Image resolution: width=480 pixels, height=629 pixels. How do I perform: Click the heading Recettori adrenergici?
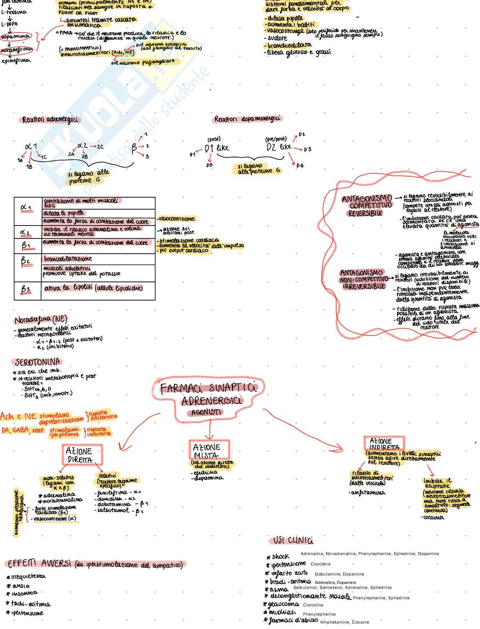click(50, 120)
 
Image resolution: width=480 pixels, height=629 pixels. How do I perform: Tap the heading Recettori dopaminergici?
click(247, 119)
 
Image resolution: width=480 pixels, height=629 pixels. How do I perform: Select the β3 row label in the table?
click(26, 289)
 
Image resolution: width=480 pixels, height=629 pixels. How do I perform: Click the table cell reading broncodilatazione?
click(68, 259)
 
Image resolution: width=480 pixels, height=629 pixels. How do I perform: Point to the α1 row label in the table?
click(26, 208)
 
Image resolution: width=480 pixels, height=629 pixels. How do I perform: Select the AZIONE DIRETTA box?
click(81, 455)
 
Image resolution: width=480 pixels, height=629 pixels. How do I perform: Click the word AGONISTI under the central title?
click(205, 413)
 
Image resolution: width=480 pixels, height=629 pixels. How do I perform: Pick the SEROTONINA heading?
click(38, 362)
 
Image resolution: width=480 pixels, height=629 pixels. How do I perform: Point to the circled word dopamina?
click(15, 37)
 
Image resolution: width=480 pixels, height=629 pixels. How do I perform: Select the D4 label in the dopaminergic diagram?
click(300, 166)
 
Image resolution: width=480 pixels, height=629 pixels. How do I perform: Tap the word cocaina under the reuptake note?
click(433, 517)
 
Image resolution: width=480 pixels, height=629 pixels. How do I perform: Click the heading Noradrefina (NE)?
click(41, 320)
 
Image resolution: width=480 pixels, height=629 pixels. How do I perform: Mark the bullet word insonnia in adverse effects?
click(25, 593)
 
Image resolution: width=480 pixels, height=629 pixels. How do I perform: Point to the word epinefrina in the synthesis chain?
click(16, 61)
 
